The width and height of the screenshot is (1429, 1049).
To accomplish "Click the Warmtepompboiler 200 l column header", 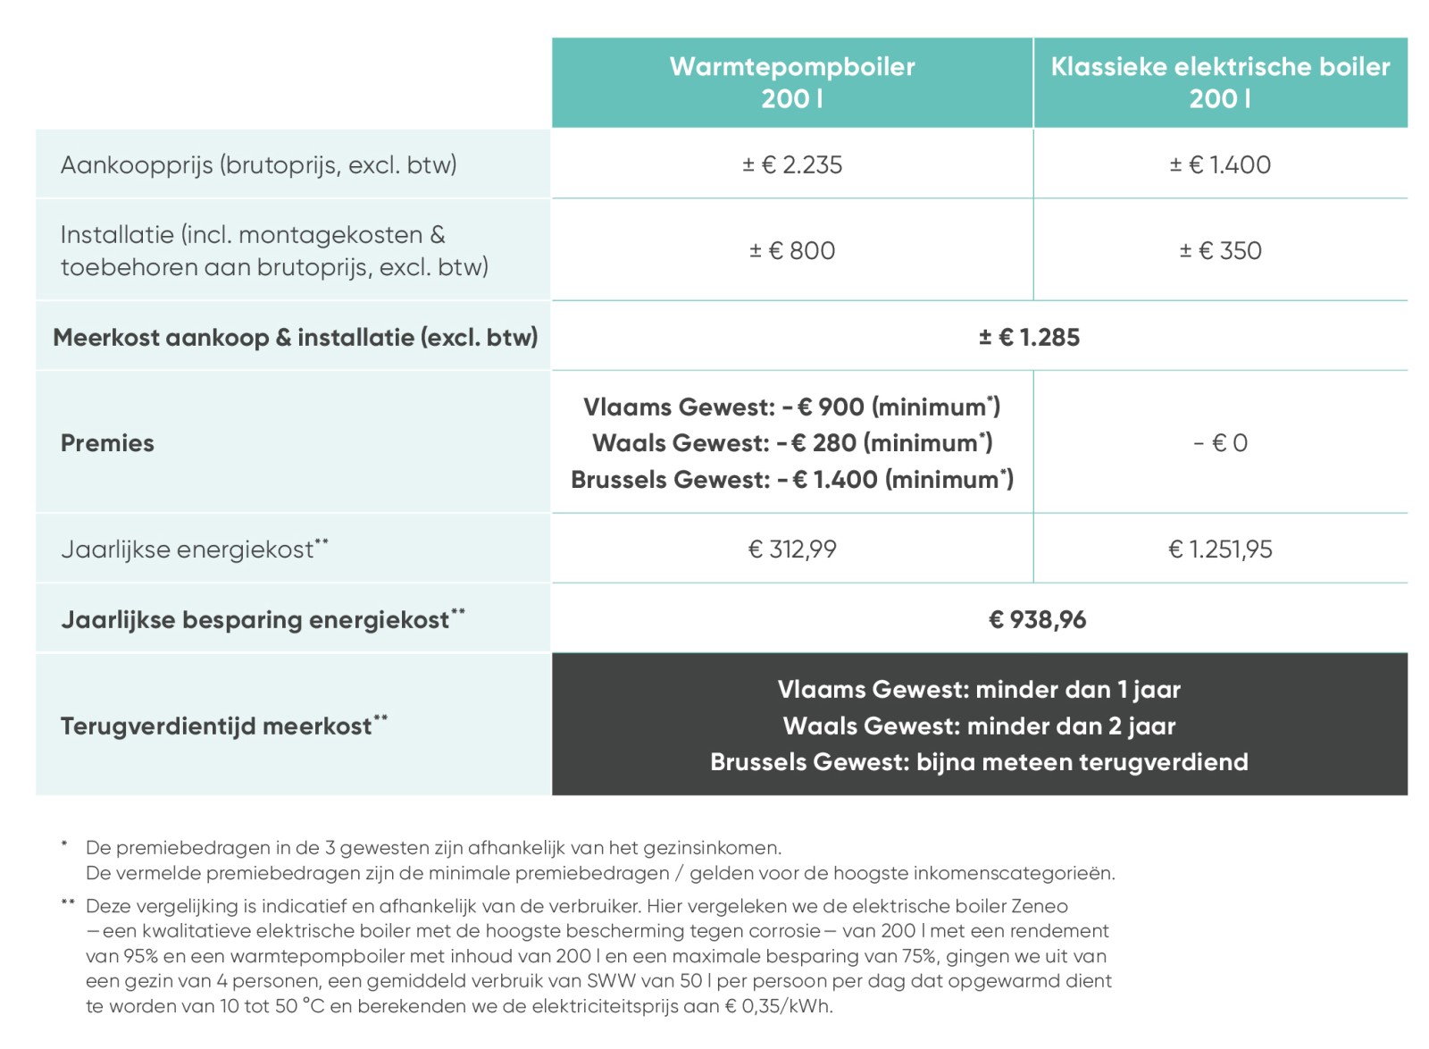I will pyautogui.click(x=792, y=82).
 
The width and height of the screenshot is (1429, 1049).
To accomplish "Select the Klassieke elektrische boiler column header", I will pyautogui.click(x=1220, y=82).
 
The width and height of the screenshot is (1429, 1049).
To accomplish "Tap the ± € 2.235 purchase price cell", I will pyautogui.click(x=792, y=165).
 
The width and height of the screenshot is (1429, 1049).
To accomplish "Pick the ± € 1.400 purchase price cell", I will pyautogui.click(x=1220, y=165).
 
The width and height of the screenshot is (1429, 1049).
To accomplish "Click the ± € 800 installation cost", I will pyautogui.click(x=792, y=251).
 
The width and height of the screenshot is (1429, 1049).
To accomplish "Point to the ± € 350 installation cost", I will pyautogui.click(x=1220, y=251).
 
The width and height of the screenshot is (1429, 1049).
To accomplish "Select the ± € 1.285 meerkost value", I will pyautogui.click(x=1029, y=338).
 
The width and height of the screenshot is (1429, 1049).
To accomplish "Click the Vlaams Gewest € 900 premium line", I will pyautogui.click(x=792, y=407).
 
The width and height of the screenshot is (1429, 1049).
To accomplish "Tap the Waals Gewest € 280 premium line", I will pyautogui.click(x=792, y=443).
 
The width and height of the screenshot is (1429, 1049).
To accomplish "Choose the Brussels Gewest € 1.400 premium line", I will pyautogui.click(x=792, y=480).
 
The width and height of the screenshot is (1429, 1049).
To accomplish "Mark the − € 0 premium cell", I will pyautogui.click(x=1220, y=443).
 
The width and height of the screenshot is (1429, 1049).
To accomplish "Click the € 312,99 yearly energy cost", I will pyautogui.click(x=792, y=550).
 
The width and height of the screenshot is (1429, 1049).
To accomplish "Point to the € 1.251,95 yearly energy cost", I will pyautogui.click(x=1220, y=550).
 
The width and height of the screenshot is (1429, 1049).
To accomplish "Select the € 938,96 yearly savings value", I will pyautogui.click(x=1037, y=620).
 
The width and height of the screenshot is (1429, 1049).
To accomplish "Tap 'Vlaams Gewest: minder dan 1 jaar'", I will pyautogui.click(x=979, y=690).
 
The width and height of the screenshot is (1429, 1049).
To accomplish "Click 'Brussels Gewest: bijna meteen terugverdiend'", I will pyautogui.click(x=979, y=762).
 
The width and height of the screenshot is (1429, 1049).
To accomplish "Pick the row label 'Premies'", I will pyautogui.click(x=107, y=443).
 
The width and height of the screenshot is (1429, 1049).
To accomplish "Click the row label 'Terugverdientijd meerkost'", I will pyautogui.click(x=216, y=726).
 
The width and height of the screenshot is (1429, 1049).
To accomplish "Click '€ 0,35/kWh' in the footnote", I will pyautogui.click(x=777, y=1007).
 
